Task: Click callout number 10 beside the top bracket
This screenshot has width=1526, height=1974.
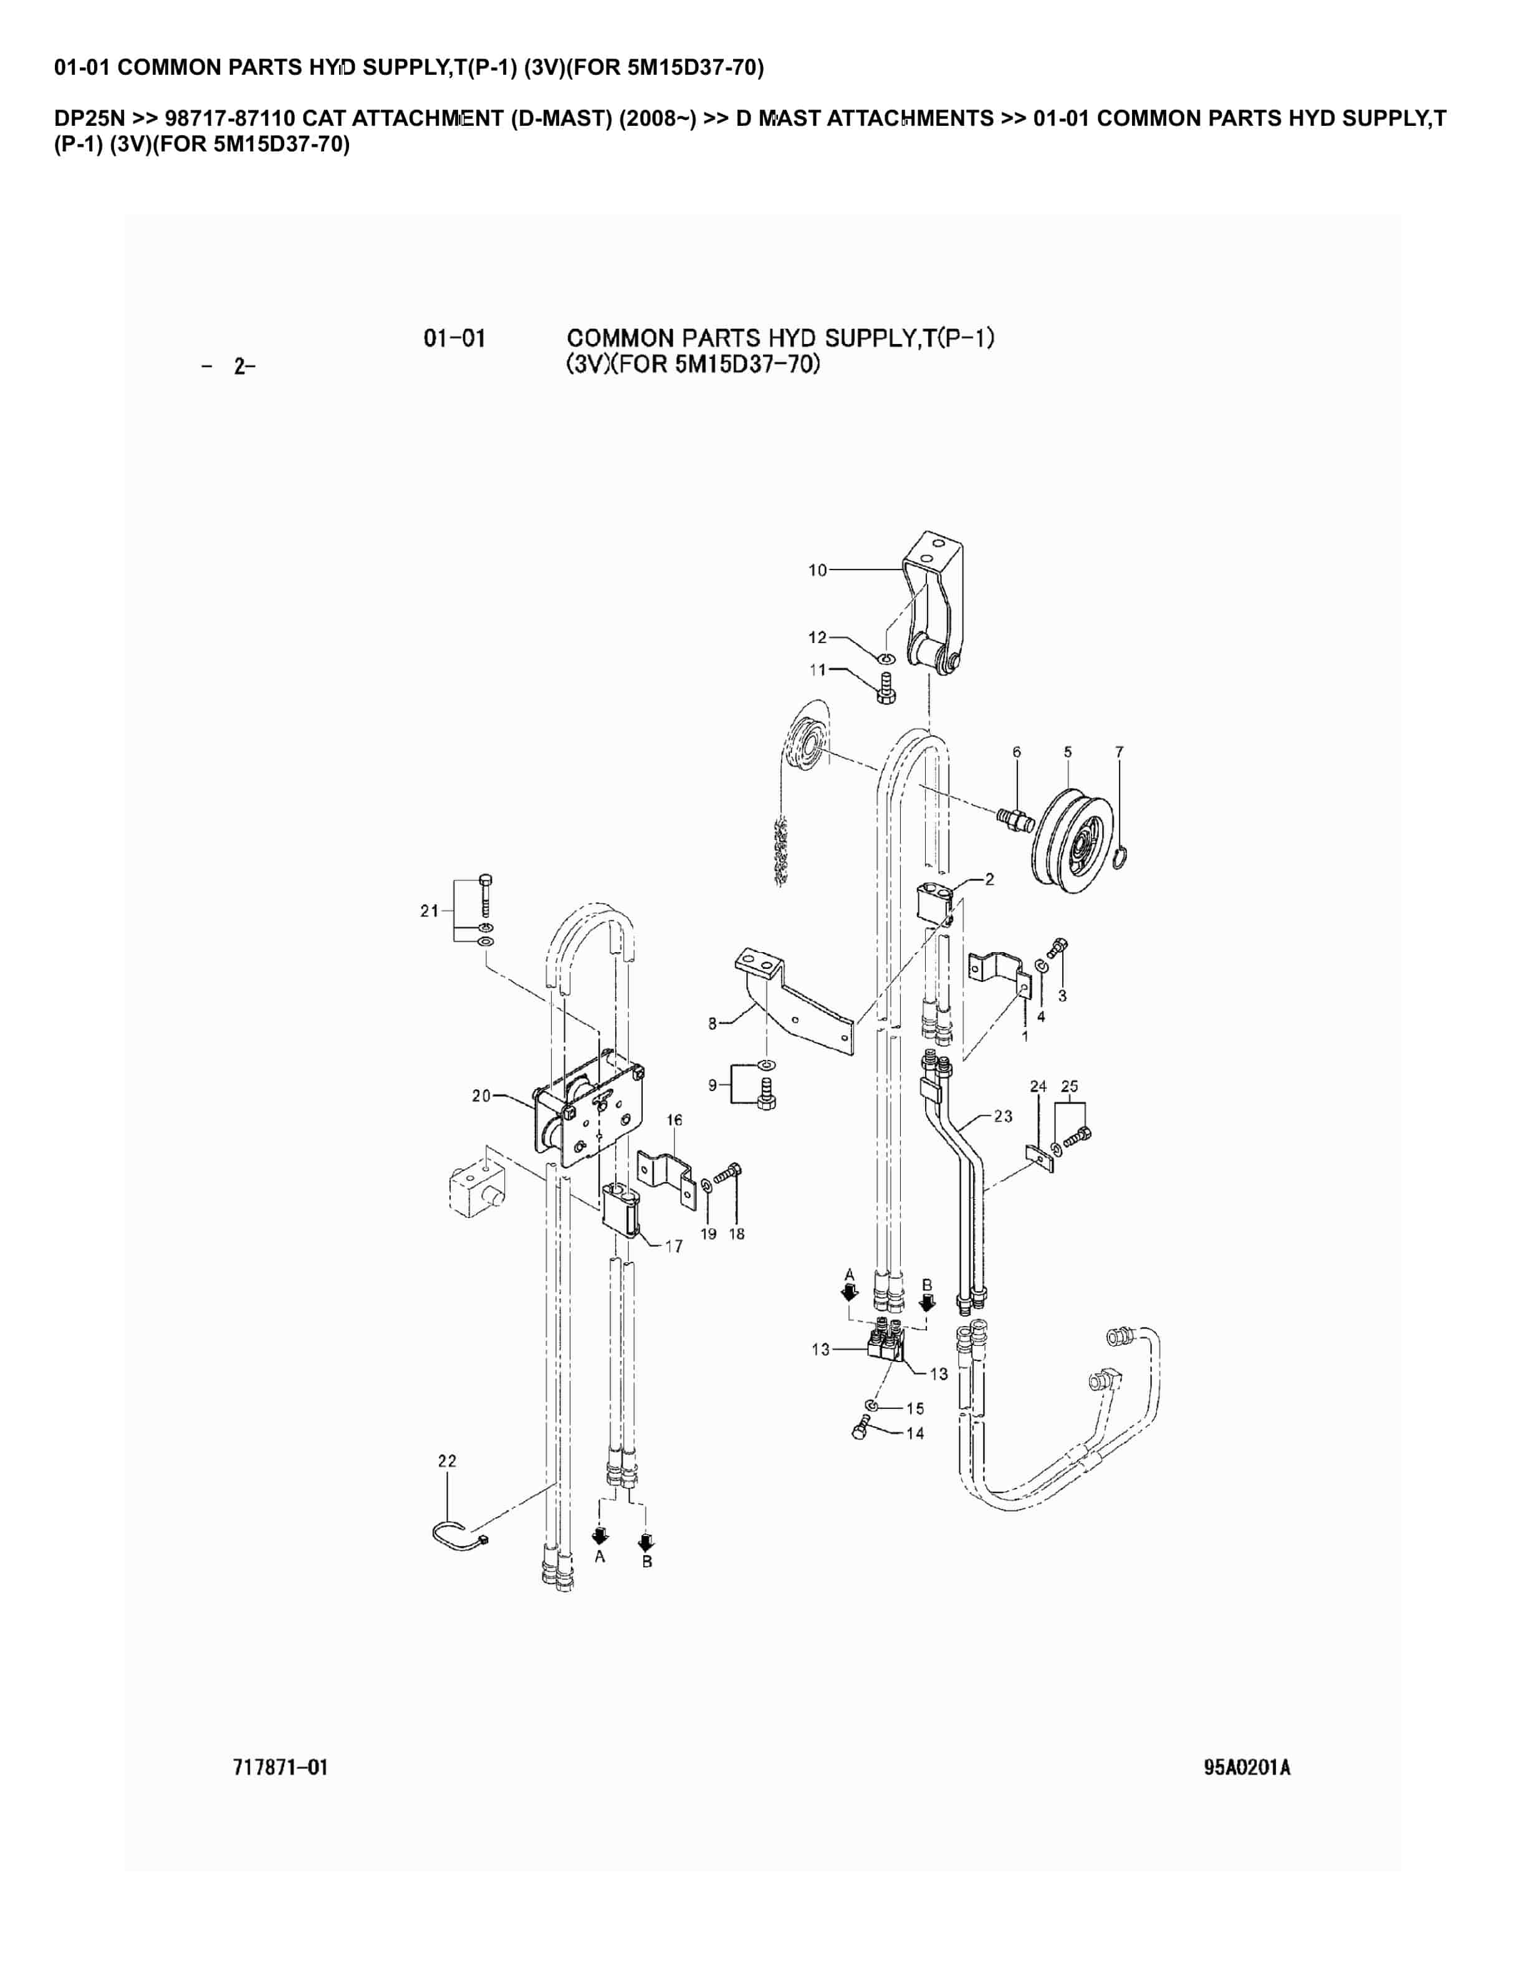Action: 817,570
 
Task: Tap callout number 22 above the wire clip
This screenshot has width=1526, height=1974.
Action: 448,1461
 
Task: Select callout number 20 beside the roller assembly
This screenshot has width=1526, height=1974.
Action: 481,1095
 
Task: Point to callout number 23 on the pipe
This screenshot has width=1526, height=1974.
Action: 1004,1116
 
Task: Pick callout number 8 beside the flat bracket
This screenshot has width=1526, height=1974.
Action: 713,1024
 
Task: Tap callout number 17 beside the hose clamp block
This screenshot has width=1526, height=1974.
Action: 674,1246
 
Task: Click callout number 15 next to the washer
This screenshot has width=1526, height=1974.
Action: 915,1408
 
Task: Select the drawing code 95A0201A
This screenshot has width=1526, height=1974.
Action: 1247,1767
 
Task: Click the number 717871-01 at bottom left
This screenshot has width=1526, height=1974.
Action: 281,1767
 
